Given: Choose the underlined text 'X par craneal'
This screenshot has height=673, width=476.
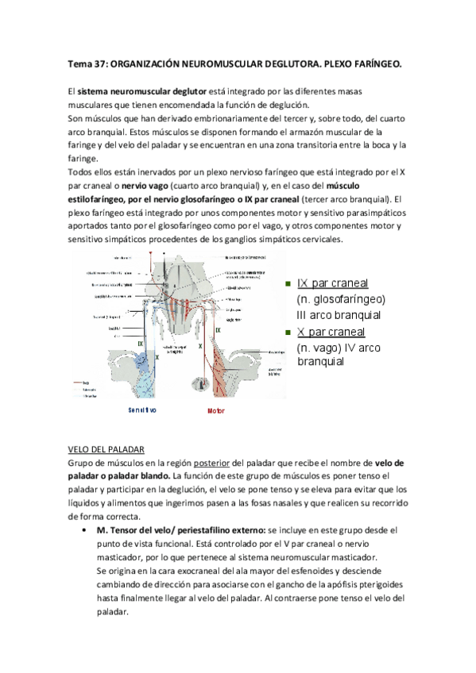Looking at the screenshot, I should pos(331,332).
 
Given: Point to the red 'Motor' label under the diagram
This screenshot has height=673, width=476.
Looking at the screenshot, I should pos(216,411).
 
